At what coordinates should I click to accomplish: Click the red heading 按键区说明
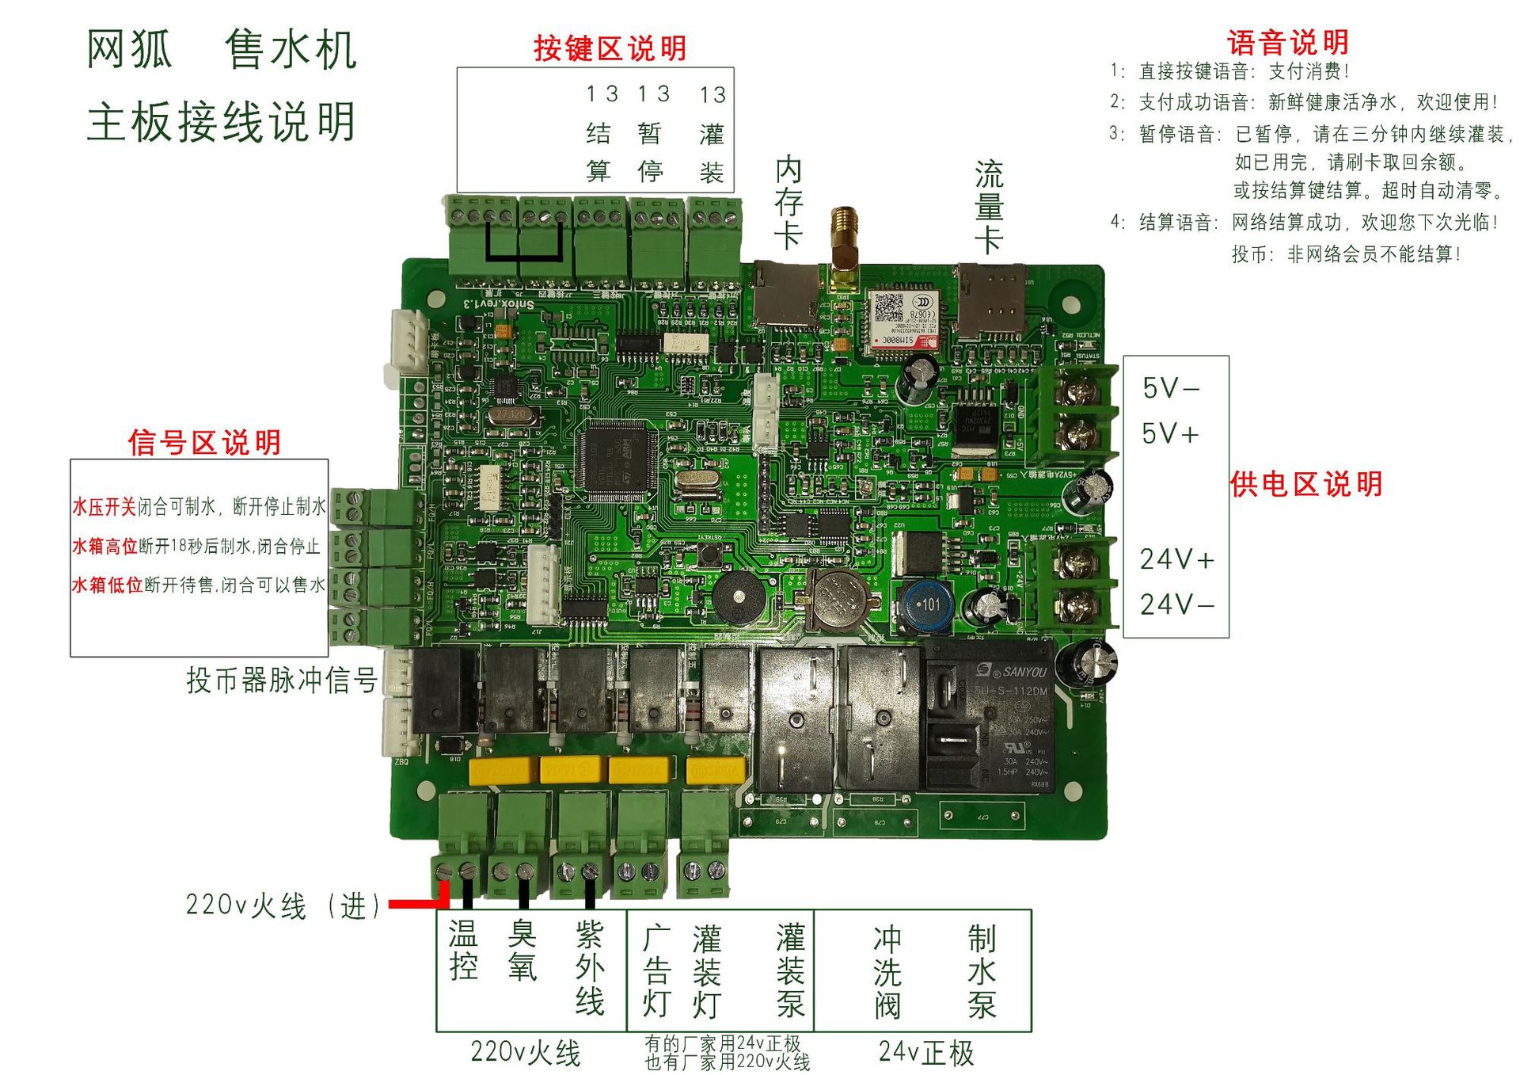click(610, 48)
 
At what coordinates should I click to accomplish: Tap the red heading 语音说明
click(1287, 42)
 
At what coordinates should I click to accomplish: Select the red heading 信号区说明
click(204, 442)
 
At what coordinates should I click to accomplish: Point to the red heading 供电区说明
click(1306, 484)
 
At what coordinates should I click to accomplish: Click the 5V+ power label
click(1170, 433)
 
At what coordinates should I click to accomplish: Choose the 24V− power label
click(1176, 604)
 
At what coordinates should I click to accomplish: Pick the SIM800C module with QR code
click(902, 319)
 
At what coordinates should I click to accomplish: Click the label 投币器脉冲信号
click(282, 680)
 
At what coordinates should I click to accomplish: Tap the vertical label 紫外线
click(590, 968)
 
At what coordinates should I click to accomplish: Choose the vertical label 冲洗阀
click(887, 972)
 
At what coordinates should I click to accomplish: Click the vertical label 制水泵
click(982, 972)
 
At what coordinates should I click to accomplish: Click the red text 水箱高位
click(104, 546)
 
